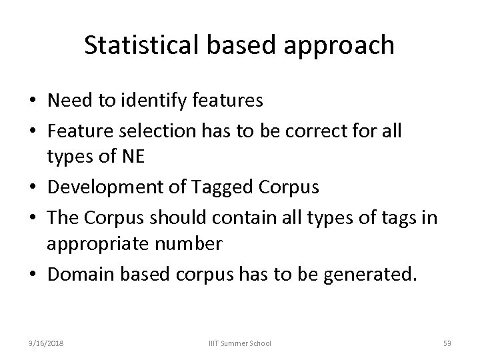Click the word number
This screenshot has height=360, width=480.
coord(187,243)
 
